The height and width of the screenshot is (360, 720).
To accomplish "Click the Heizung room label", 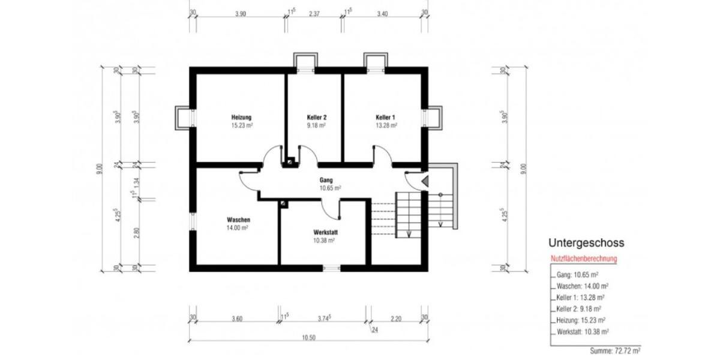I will (241, 117).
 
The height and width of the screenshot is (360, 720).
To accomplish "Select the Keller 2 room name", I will (316, 117).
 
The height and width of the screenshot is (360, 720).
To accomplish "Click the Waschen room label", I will (238, 220).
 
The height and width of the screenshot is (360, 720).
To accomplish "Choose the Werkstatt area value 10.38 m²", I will (324, 240).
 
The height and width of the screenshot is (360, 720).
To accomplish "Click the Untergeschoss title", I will (586, 243).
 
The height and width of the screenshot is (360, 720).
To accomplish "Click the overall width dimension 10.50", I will (308, 337).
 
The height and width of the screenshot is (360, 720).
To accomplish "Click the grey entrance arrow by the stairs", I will (425, 180).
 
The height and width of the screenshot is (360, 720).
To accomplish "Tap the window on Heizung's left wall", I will (182, 118).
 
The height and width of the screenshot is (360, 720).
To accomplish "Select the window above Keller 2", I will (305, 62).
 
